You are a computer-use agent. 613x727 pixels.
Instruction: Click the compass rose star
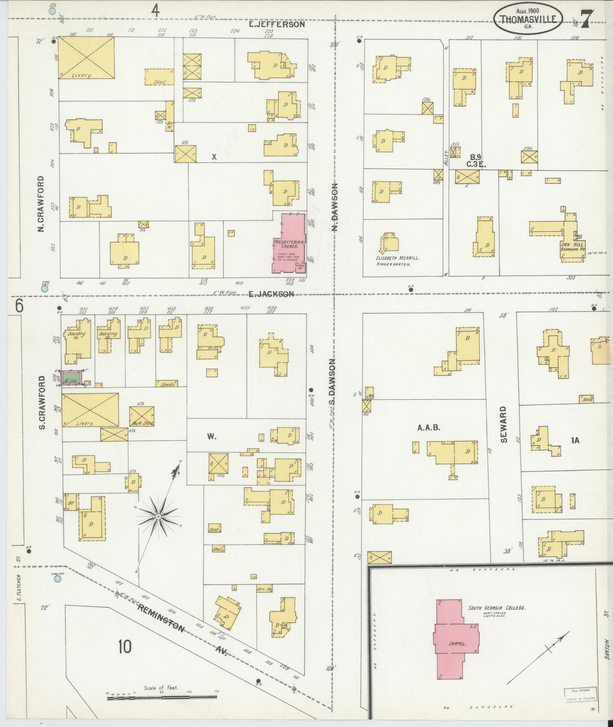click(x=158, y=516)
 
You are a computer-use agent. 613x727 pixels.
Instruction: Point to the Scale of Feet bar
click(x=161, y=697)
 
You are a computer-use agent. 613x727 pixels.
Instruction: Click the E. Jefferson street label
click(x=276, y=24)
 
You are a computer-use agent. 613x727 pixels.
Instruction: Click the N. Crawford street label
click(x=42, y=204)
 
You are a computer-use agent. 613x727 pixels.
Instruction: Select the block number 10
click(x=125, y=646)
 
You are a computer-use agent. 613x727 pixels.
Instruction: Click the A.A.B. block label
click(x=429, y=428)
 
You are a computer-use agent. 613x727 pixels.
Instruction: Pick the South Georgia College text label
click(x=497, y=608)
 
